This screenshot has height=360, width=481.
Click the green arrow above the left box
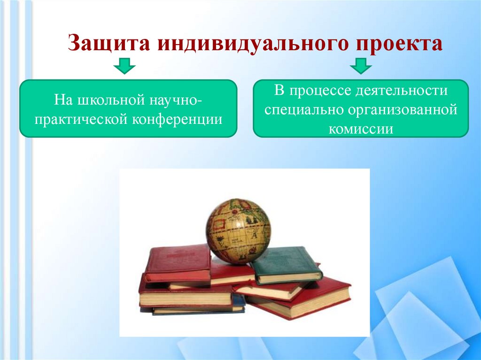pyautogui.click(x=124, y=67)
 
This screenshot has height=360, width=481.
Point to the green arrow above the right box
pyautogui.click(x=361, y=67)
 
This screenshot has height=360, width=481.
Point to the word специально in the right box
pyautogui.click(x=304, y=110)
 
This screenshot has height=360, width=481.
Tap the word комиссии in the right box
pyautogui.click(x=361, y=129)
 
